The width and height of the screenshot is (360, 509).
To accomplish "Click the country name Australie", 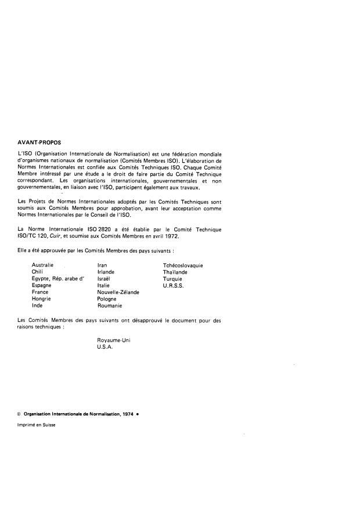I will click(x=43, y=265).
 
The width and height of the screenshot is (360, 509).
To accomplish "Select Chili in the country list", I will click(x=38, y=271).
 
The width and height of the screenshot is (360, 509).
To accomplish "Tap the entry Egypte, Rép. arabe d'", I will click(x=58, y=278).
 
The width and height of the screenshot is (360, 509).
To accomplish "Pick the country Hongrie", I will click(x=42, y=298).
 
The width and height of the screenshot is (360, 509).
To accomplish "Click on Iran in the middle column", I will click(x=102, y=265).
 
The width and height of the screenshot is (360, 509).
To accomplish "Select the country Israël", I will click(x=104, y=278).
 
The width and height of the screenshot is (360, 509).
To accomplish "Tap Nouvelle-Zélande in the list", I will click(x=118, y=292).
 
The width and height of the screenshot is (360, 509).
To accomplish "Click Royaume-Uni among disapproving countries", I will click(x=114, y=340).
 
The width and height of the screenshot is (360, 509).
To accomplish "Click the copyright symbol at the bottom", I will click(x=20, y=414).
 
